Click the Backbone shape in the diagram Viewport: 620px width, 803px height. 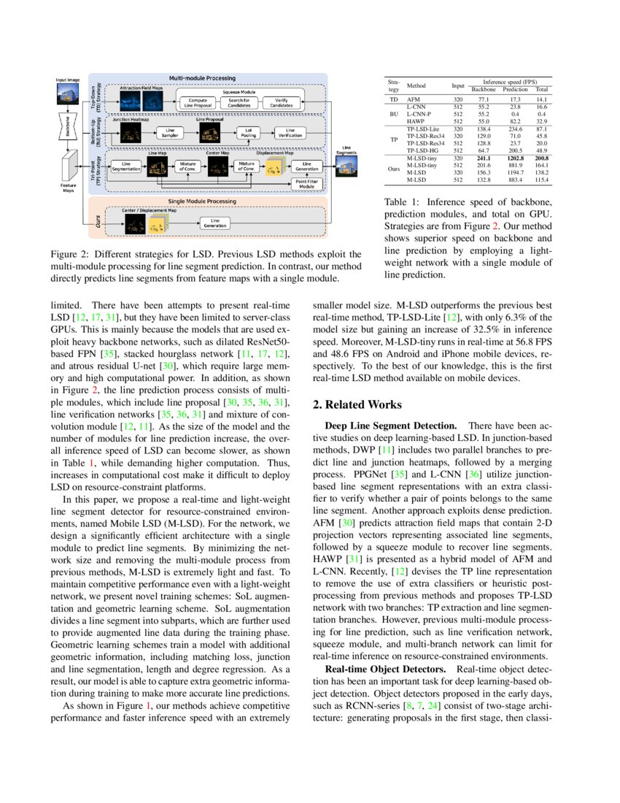tap(66, 126)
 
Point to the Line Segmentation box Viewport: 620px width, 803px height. tap(126, 167)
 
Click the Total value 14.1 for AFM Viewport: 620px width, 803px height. tap(541, 98)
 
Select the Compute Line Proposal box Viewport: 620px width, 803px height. tap(198, 102)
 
